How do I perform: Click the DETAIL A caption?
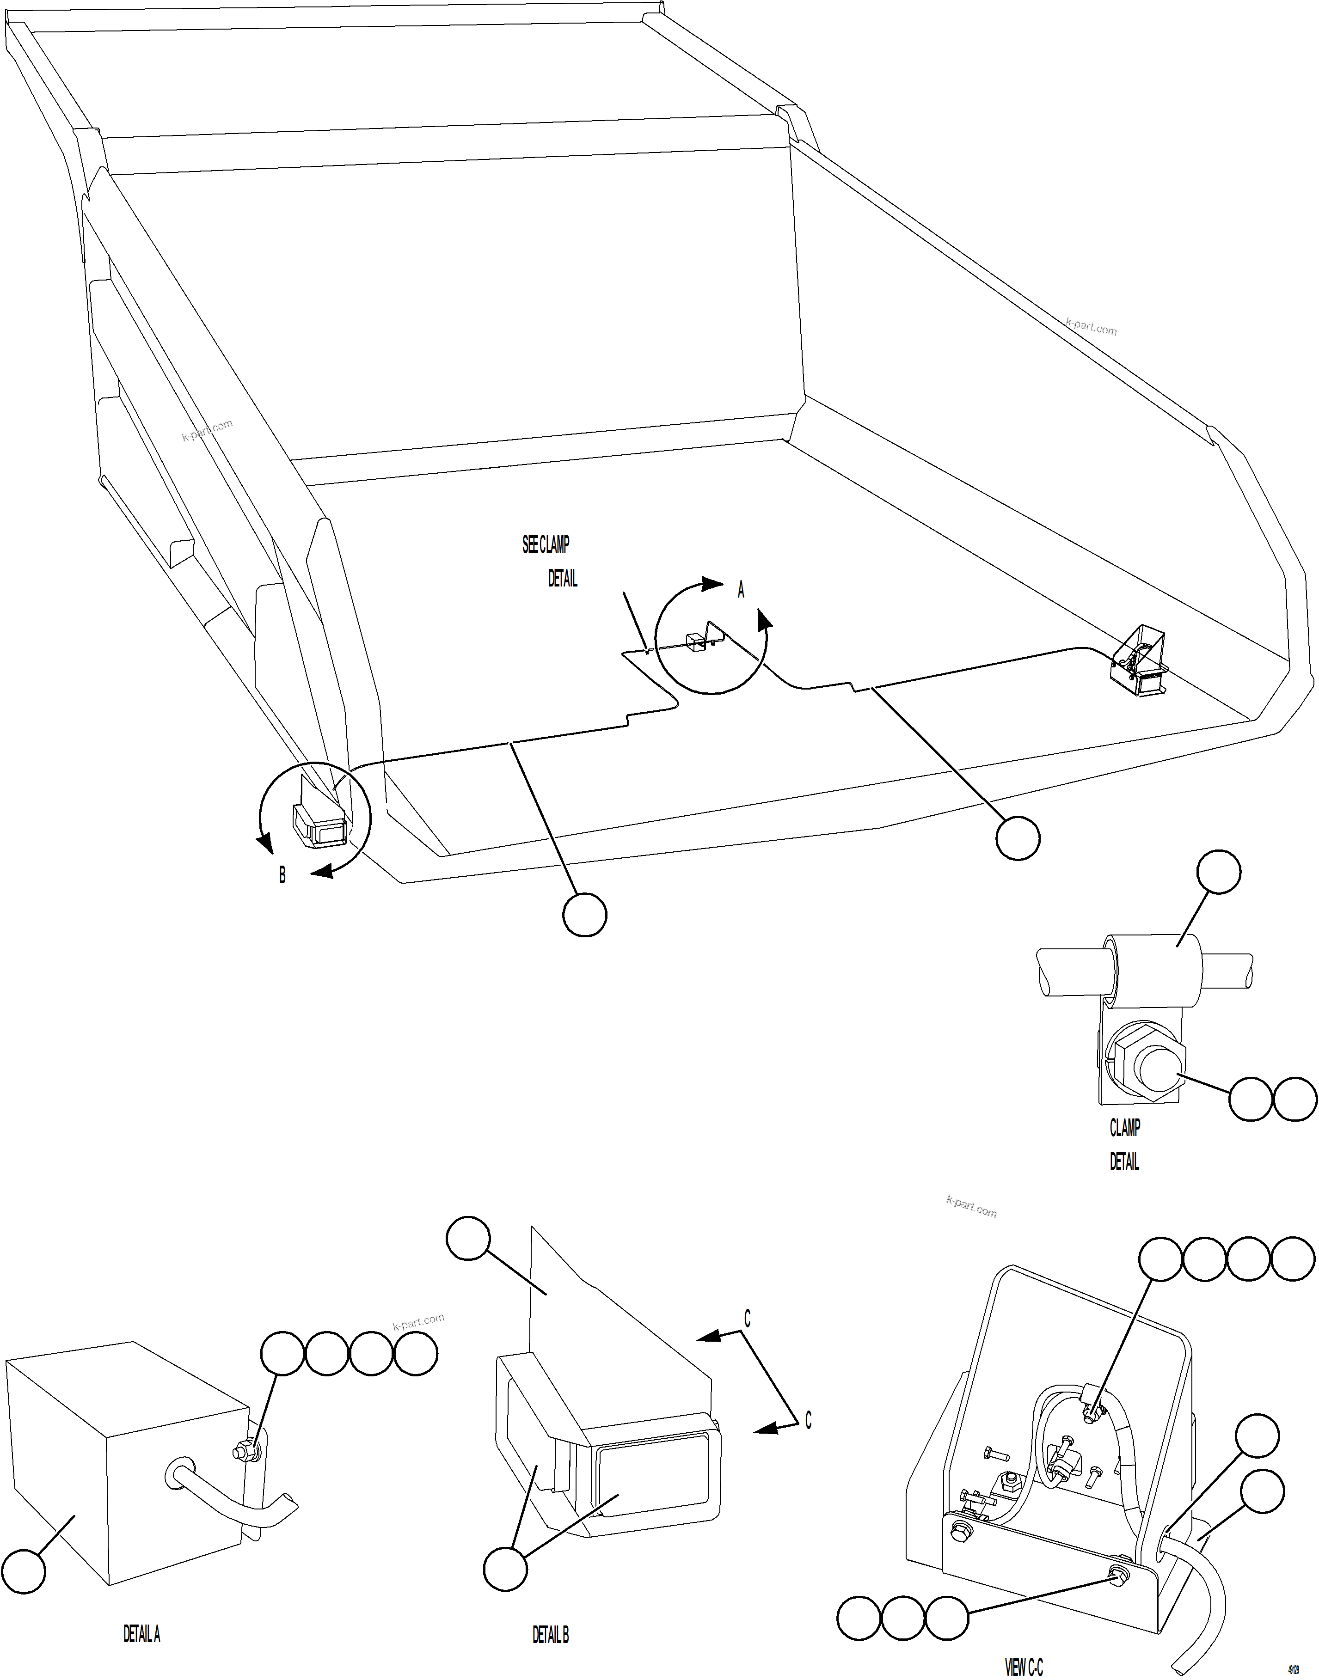(x=141, y=1634)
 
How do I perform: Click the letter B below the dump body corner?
(x=282, y=875)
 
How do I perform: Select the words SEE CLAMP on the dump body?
(x=545, y=545)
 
